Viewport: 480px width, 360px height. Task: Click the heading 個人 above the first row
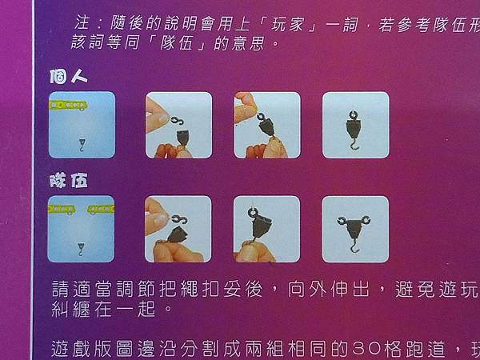point(66,78)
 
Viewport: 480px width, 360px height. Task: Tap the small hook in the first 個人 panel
point(83,142)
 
